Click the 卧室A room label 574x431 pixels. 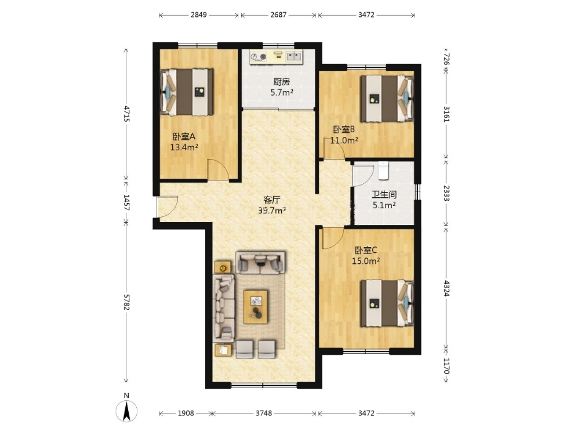[184, 136]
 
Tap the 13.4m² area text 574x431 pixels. [184, 147]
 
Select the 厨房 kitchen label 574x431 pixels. [282, 82]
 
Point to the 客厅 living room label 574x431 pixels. [272, 200]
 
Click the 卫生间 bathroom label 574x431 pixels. [384, 194]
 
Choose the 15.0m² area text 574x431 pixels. [365, 261]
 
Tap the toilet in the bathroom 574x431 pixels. [383, 171]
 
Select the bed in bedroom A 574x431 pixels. [187, 92]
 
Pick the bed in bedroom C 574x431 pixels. [387, 303]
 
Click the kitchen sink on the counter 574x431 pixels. [293, 56]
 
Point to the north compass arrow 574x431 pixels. [126, 411]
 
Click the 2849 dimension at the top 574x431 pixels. [199, 15]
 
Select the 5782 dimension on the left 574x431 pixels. [126, 302]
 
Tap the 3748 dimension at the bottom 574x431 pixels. [264, 414]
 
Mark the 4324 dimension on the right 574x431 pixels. [446, 288]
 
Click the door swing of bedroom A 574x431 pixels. [218, 170]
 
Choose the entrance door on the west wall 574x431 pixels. [167, 207]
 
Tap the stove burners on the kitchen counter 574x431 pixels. [259, 57]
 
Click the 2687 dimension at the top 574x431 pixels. [278, 15]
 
